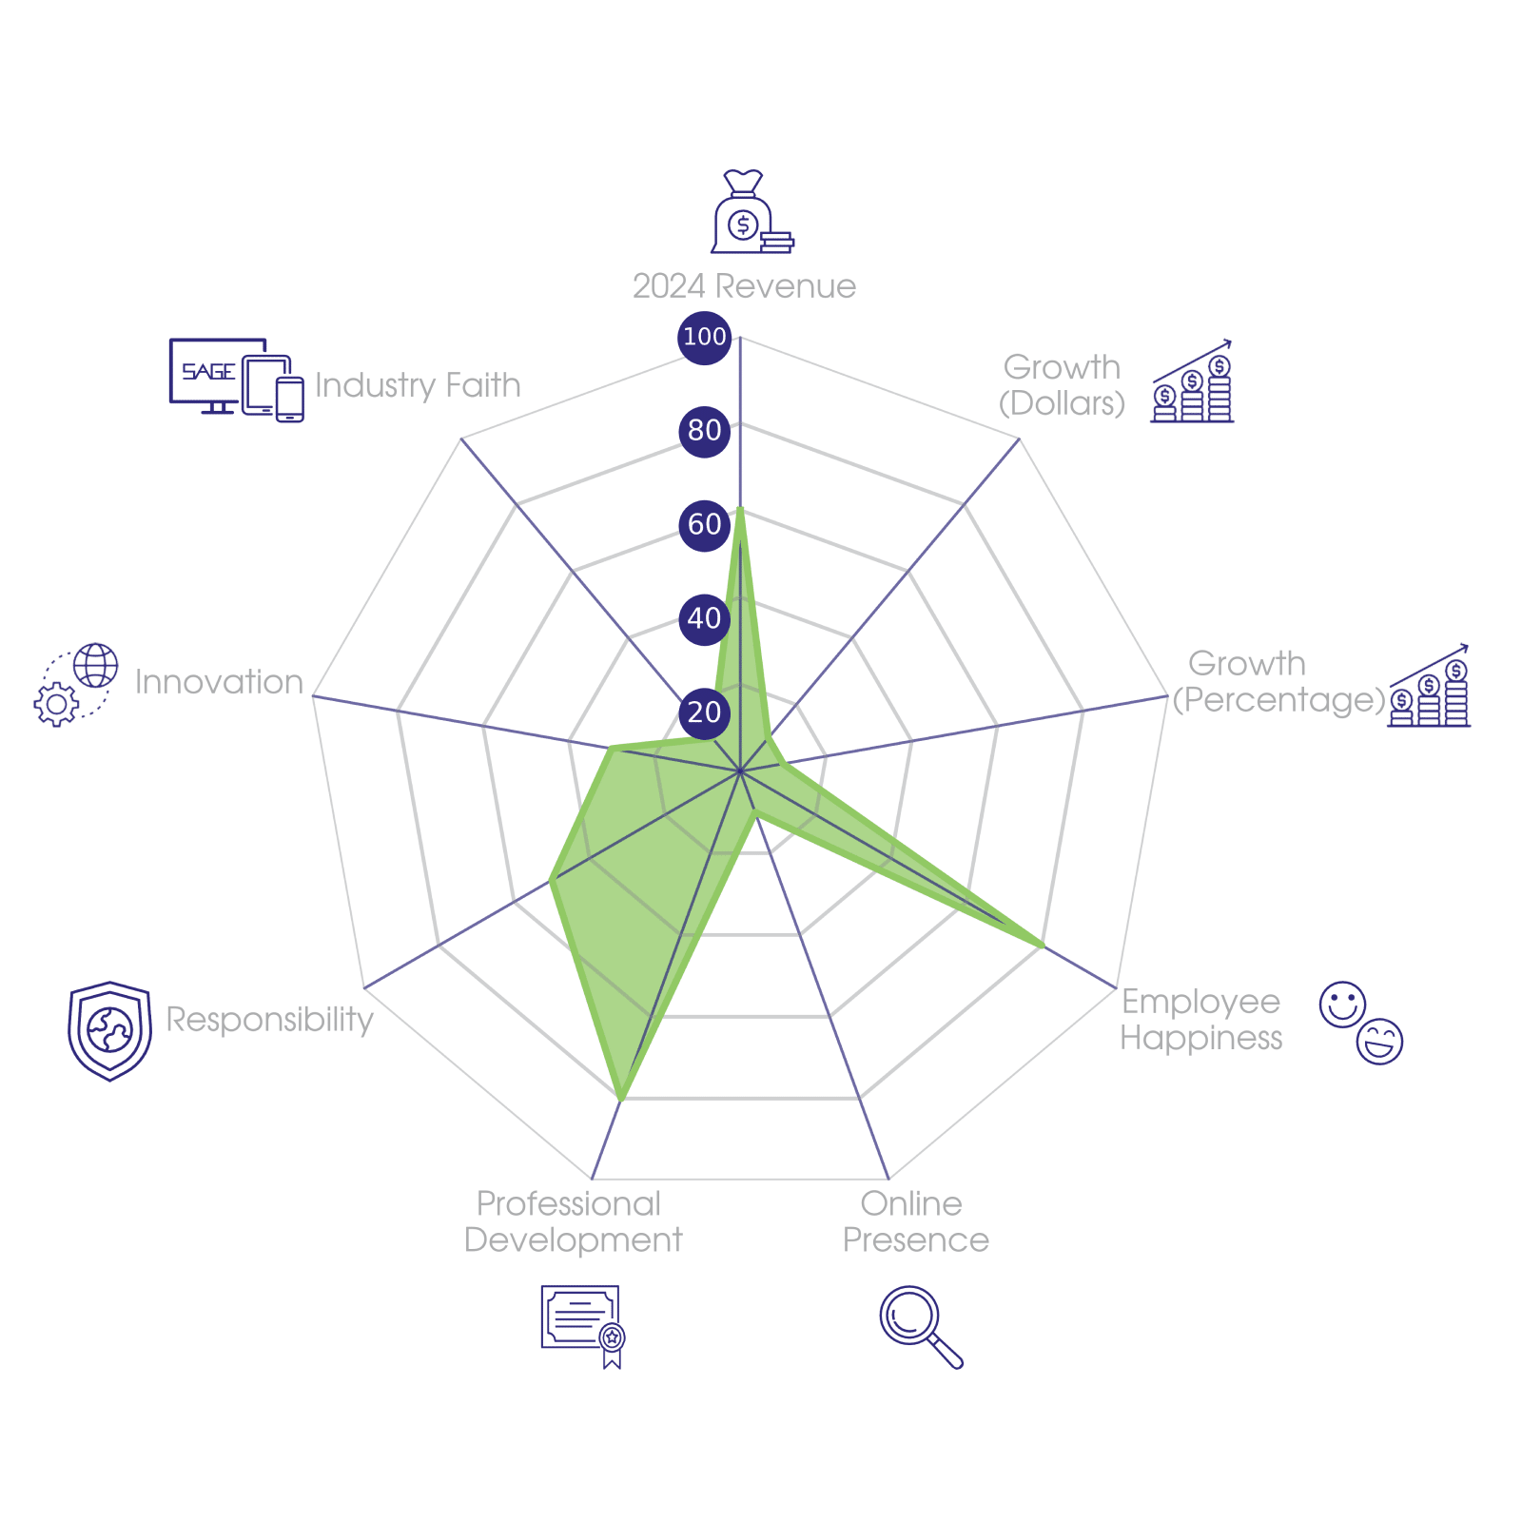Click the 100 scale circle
pos(704,337)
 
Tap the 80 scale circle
pos(704,431)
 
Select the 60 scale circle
pos(704,524)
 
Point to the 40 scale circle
pos(704,618)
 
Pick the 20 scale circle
pos(704,712)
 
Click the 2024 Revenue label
pos(744,286)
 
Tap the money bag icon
pos(751,211)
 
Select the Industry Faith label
pos(418,385)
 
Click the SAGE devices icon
pos(237,380)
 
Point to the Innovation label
pos(219,682)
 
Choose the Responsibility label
pos(269,1020)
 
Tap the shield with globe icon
pos(109,1031)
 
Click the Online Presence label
pos(915,1221)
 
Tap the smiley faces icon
pos(1361,1023)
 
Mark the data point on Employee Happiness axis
pos(1044,946)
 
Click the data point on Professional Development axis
pos(621,1099)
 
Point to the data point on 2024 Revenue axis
pos(740,512)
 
